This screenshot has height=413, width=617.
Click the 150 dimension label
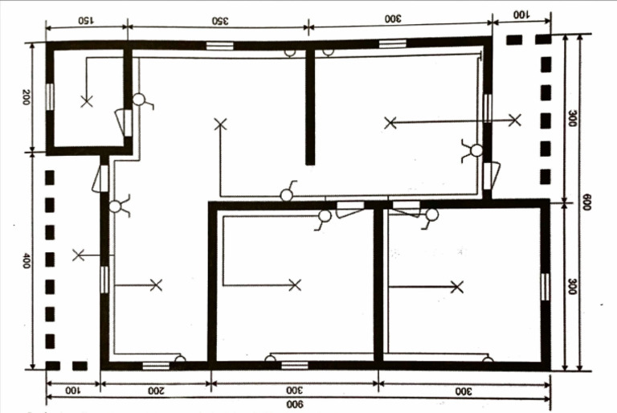point(85,20)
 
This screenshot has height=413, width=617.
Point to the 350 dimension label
point(220,20)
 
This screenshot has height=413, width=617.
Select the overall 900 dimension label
point(295,404)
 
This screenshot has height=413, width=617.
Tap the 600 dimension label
point(586,202)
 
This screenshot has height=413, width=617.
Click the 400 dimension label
point(26,261)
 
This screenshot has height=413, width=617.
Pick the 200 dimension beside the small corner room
point(26,97)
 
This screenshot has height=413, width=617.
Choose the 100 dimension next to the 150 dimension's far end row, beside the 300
point(521,15)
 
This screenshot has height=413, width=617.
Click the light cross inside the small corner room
point(87,101)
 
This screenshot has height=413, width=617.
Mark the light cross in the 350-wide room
point(220,125)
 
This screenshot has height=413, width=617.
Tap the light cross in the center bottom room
point(295,285)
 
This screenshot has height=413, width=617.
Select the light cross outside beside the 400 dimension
point(78,256)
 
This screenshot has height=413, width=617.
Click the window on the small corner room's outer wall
point(50,97)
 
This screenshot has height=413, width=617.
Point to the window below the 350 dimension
point(219,45)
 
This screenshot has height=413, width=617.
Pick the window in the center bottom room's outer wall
point(295,365)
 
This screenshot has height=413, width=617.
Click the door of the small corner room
point(125,123)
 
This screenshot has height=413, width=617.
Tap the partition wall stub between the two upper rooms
point(310,105)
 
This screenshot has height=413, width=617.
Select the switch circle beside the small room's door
point(138,99)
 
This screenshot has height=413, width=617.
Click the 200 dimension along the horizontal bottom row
point(156,391)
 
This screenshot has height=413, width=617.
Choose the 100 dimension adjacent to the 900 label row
point(72,391)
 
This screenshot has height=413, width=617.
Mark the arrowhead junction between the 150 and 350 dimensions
point(128,27)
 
